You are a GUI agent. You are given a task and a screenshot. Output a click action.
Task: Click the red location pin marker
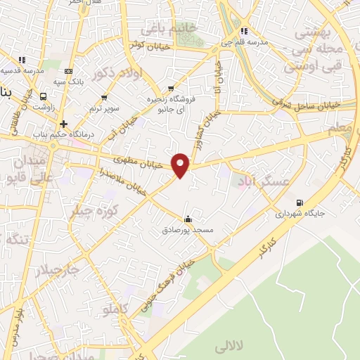tap(181, 165)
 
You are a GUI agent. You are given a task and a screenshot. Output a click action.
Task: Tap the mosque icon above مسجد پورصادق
tap(187, 219)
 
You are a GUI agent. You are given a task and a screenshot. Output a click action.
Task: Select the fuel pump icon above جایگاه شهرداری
tap(300, 200)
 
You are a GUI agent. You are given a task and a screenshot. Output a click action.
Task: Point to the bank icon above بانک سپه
tap(68, 72)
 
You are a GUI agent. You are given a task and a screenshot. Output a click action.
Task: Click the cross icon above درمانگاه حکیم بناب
tap(63, 123)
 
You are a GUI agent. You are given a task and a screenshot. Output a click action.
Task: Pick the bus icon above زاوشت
tap(44, 97)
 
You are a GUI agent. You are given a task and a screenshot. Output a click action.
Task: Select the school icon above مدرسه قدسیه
tap(22, 60)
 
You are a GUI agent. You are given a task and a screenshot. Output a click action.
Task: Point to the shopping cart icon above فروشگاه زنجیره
tap(171, 89)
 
